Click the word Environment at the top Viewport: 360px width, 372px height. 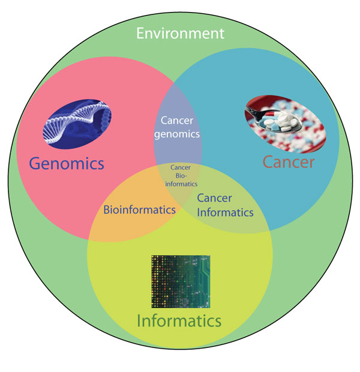(180, 32)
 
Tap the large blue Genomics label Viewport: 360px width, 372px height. (66, 163)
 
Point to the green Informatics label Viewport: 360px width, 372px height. (180, 320)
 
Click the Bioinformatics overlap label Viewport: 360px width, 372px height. (140, 210)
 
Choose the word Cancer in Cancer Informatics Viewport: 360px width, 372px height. (214, 198)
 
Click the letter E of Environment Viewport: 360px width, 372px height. (140, 32)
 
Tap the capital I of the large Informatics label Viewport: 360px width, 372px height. (139, 320)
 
